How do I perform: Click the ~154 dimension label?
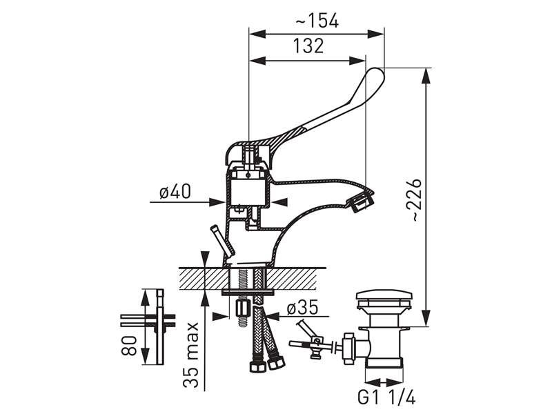[317, 21]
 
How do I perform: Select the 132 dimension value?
[308, 46]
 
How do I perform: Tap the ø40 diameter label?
[175, 193]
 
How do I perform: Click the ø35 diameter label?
[302, 307]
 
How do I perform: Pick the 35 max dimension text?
[191, 355]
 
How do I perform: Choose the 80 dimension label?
[129, 346]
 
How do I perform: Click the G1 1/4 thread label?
[386, 398]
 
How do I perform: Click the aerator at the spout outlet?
[360, 201]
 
